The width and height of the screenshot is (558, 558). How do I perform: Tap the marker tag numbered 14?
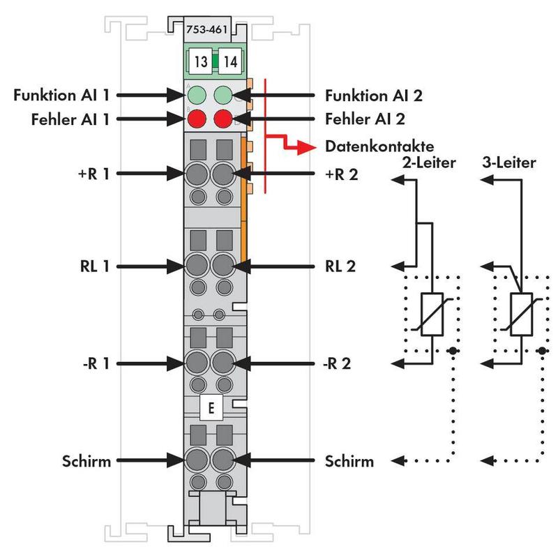pos(229,61)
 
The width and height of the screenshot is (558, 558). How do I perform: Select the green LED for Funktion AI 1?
pos(196,93)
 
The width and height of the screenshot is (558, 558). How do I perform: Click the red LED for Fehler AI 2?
pos(223,118)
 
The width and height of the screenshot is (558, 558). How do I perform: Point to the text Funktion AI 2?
pos(373,94)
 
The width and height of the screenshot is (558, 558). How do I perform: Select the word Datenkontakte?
pos(379,146)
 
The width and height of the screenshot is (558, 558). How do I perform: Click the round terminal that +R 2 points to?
pos(223,174)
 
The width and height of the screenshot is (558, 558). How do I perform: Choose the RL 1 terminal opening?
pos(196,266)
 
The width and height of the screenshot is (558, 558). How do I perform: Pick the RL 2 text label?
pos(340,266)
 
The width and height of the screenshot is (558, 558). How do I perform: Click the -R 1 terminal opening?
pos(196,363)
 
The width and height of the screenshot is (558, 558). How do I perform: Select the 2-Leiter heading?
pos(430,163)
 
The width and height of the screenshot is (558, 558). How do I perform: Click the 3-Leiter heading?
pos(508,163)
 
